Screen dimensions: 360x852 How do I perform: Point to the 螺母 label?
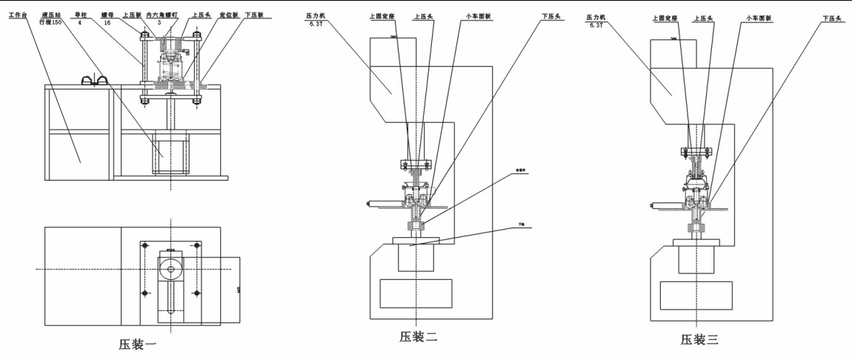[109, 14]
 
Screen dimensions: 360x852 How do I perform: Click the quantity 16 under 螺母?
[109, 23]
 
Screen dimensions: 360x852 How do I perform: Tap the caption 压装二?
[419, 337]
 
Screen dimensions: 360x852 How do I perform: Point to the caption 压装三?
[699, 339]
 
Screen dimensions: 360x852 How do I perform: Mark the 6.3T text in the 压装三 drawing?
[596, 24]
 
